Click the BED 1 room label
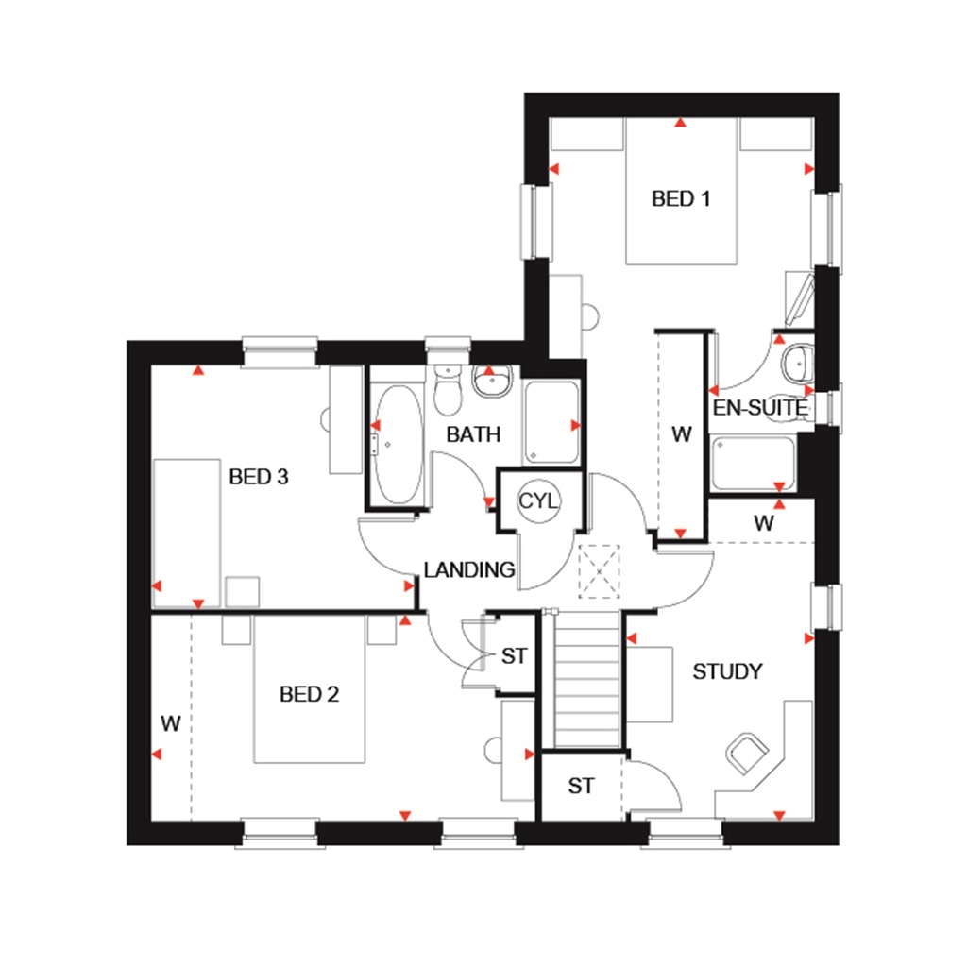pos(680,198)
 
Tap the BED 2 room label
pos(309,695)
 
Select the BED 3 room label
pos(258,477)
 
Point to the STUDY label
pos(727,671)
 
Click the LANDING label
pos(468,569)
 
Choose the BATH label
pos(473,434)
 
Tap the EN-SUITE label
pos(760,408)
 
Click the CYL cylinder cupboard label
pos(538,500)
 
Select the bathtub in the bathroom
pos(394,444)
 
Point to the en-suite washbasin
pos(796,360)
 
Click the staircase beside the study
pos(585,680)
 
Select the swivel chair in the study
pos(748,751)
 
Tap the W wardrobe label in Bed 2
pos(170,724)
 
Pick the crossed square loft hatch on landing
pos(597,572)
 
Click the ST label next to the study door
pos(582,786)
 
